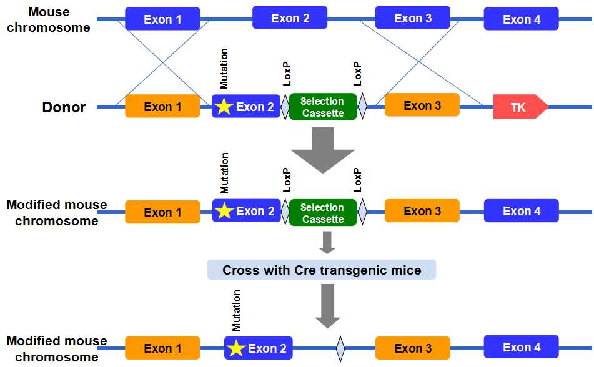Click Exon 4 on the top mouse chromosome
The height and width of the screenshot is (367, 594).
(x=521, y=19)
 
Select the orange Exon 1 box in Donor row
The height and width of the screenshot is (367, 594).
(x=162, y=107)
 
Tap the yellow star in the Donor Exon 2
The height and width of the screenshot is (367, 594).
(x=223, y=107)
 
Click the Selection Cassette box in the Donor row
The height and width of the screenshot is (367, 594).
(x=322, y=107)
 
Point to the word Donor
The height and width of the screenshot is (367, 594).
(x=64, y=107)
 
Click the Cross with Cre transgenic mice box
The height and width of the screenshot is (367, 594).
(x=322, y=270)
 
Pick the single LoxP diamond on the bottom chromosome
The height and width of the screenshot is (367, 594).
(x=340, y=348)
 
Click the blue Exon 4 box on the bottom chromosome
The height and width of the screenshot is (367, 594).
(x=521, y=347)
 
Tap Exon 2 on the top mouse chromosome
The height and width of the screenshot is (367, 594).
(x=290, y=18)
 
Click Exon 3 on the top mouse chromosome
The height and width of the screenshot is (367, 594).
(x=412, y=18)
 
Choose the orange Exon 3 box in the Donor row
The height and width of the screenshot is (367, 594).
(x=422, y=105)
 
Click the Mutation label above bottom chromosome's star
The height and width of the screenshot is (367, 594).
(x=236, y=310)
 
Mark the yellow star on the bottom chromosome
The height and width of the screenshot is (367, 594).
(x=235, y=348)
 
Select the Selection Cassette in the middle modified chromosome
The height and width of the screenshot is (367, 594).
(x=322, y=212)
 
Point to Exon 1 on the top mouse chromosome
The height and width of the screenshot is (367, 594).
(x=162, y=19)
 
